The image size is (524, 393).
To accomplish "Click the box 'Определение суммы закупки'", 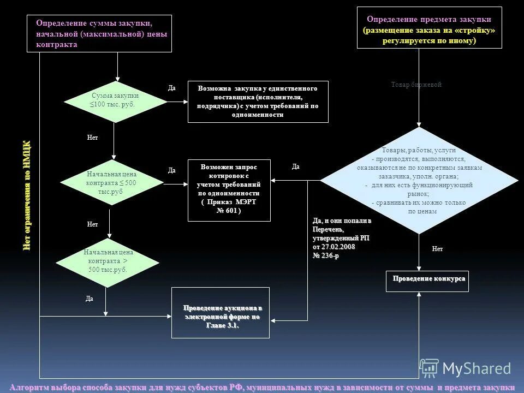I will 99,33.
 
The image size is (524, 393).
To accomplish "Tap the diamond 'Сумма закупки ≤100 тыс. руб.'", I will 115,101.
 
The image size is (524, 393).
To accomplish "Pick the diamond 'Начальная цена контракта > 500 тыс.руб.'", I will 109,261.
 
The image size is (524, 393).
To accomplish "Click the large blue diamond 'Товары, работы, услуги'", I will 419,180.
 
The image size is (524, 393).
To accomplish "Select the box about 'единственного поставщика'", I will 258,102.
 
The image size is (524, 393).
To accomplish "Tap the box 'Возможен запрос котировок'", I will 229,190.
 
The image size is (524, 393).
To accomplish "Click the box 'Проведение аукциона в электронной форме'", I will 221,313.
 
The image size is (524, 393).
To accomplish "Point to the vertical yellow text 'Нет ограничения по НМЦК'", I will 27,195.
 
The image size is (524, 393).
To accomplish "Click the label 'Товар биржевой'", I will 416,85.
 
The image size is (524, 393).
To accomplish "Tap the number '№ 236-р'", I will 326,256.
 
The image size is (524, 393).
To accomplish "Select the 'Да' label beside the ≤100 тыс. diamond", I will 171,88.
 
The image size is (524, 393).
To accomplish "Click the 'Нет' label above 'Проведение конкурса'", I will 437,249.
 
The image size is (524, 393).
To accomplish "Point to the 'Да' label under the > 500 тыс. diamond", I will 90,299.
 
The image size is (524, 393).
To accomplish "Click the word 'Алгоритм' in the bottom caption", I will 28,387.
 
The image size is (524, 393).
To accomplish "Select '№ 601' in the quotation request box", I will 229,210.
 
